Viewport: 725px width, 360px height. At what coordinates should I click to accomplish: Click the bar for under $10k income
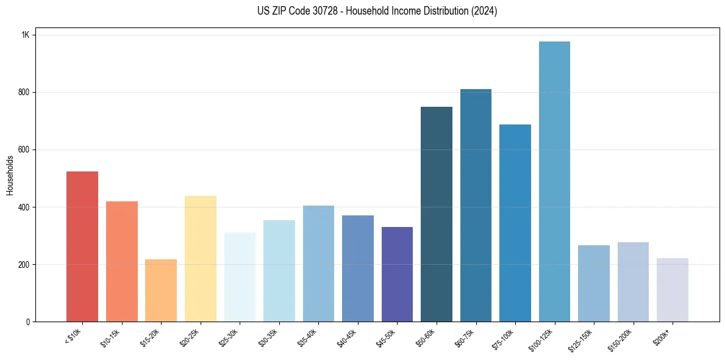pos(82,247)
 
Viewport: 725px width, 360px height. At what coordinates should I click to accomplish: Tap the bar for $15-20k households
pos(161,290)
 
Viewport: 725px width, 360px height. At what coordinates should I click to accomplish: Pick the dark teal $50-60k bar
pos(437,214)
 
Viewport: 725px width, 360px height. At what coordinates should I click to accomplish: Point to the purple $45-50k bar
pos(397,274)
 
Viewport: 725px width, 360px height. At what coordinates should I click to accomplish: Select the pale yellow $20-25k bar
pos(201,259)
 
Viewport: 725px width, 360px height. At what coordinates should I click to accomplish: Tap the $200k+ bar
pos(673,290)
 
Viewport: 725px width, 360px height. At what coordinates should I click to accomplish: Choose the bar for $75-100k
pos(515,223)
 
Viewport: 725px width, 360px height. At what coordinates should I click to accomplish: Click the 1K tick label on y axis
pos(26,35)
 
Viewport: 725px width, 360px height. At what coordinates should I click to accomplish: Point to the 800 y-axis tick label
pos(24,92)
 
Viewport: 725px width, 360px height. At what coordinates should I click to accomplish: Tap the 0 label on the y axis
pos(27,322)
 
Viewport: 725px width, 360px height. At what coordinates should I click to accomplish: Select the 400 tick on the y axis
pos(24,207)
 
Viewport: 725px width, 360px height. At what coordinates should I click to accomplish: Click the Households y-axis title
pos(10,175)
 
